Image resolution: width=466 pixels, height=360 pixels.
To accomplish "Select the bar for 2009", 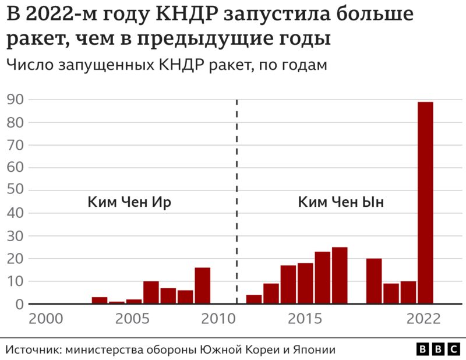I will coord(202,285).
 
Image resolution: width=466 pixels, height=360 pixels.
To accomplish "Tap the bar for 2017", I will coord(340,276).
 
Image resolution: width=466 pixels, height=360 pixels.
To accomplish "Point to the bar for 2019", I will coord(374,281).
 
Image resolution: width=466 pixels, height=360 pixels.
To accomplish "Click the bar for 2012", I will coord(254,299).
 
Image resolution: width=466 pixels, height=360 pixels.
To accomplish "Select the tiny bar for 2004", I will coord(116,302).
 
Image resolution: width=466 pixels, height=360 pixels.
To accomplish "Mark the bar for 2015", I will coord(305,283).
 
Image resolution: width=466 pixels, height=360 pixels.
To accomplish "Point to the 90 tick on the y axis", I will coord(15,100).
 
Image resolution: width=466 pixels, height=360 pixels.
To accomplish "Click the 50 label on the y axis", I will coord(15,190).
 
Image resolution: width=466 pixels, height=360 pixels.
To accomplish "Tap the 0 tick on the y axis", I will coord(19,304).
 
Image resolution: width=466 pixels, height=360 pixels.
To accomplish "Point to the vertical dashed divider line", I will coord(237,175).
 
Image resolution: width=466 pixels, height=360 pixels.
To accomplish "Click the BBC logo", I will coord(438,349).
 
